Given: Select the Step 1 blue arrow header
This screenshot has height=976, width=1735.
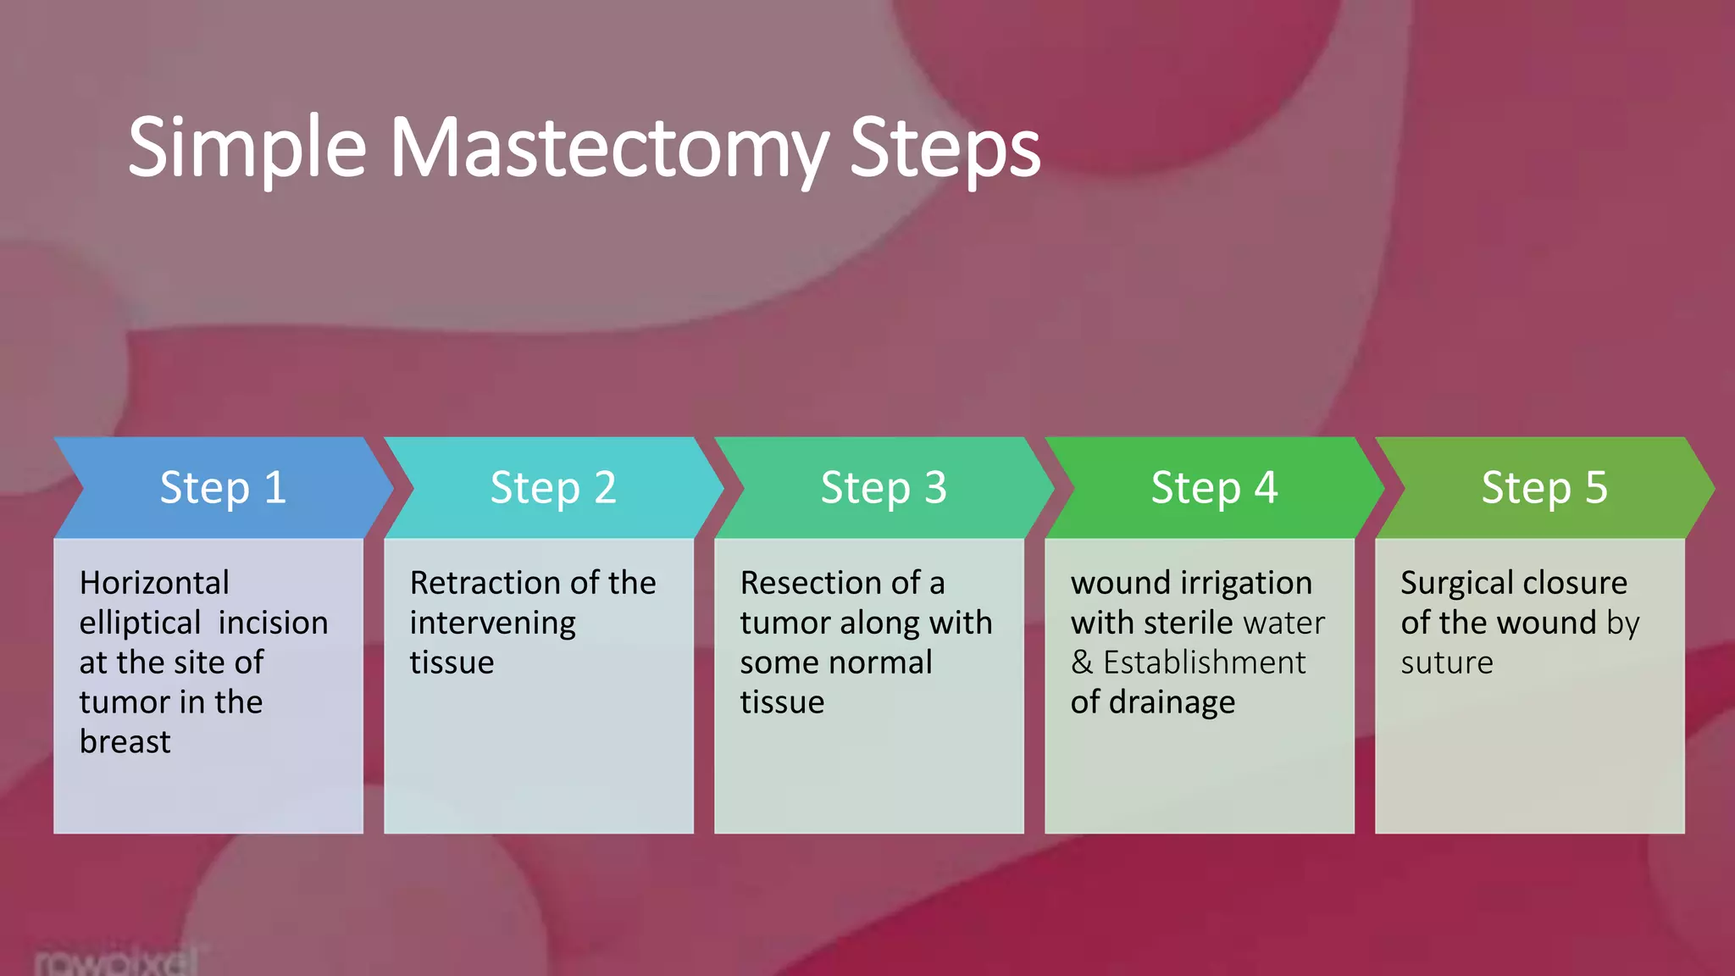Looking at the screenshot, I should pos(223,488).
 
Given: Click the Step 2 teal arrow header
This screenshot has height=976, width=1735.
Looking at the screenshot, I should pos(553,488).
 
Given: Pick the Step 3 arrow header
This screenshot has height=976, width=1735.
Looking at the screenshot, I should pos(884,488).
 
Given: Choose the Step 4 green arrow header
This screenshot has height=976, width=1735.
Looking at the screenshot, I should pos(1214,488).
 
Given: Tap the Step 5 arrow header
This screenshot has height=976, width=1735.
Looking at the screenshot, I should pos(1544,488).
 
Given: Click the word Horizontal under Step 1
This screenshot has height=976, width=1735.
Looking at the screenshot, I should pos(154,583).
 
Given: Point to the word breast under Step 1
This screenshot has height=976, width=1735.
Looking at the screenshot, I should pos(125,742).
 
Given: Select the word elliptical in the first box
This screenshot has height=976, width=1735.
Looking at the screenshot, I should pos(140,624).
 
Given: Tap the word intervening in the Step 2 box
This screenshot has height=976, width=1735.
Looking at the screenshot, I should pos(493,624).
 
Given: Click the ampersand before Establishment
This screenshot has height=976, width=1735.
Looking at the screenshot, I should pos(1082,663).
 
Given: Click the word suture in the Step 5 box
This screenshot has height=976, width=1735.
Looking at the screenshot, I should pos(1447,663).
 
